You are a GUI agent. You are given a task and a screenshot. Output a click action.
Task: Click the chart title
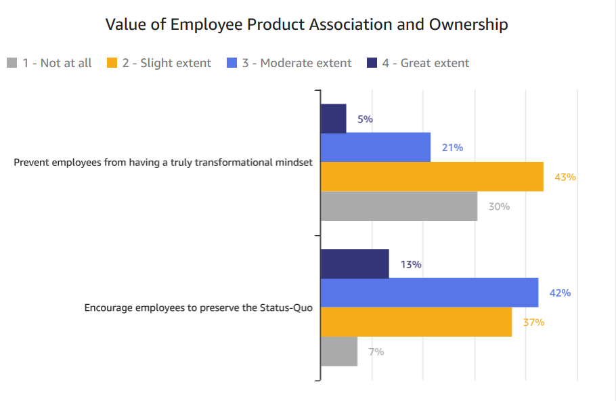point(307,25)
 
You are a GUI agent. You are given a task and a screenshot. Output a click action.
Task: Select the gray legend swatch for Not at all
point(12,63)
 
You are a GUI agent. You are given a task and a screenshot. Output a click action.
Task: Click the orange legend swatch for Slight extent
point(112,63)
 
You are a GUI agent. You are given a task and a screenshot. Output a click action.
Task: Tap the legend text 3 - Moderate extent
point(296,63)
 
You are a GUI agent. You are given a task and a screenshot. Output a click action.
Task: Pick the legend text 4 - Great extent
point(425,63)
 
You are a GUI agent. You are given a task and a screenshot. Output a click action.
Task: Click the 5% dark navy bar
point(333,119)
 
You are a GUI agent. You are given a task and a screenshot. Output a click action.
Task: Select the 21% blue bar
point(375,148)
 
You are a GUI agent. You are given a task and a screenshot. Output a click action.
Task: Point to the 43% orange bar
point(431,177)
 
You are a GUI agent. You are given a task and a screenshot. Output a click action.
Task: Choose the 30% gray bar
point(398,206)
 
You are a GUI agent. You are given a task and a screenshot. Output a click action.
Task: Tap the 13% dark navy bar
point(354,264)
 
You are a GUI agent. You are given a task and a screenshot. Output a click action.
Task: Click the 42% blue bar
point(428,293)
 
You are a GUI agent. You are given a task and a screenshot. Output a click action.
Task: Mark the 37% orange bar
point(416,322)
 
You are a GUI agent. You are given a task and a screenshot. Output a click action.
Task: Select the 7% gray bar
point(338,351)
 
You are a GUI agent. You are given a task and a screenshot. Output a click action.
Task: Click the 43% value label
point(565,177)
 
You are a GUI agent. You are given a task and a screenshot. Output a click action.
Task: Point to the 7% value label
point(376,352)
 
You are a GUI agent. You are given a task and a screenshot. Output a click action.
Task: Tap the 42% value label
point(560,293)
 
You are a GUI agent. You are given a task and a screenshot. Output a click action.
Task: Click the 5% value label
point(365,119)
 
